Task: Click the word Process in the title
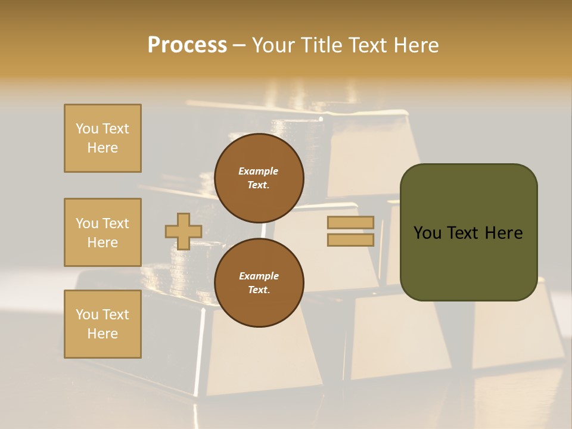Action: [187, 45]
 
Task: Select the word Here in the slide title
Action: [417, 45]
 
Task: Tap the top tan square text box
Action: [102, 138]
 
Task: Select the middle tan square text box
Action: [102, 232]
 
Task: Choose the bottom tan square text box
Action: [102, 324]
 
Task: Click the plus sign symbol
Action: [184, 231]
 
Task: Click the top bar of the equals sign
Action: [350, 222]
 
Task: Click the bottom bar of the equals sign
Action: [350, 240]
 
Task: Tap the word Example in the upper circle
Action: [259, 171]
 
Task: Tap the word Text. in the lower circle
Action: [259, 290]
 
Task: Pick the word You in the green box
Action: [427, 233]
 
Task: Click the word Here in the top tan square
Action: [102, 148]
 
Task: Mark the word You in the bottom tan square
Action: [87, 315]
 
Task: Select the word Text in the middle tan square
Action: [116, 223]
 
